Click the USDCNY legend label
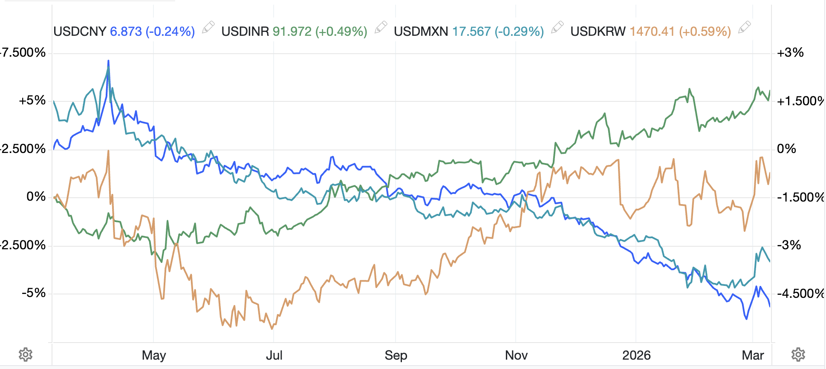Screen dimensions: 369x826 click(x=80, y=32)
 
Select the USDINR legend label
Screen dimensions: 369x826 click(x=245, y=32)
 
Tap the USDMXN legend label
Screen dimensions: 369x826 click(x=421, y=32)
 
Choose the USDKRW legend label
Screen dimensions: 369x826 click(x=598, y=32)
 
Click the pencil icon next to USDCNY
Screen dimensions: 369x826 click(x=208, y=28)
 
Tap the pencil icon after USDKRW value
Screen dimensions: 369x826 click(x=744, y=28)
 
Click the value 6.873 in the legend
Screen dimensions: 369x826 click(x=126, y=32)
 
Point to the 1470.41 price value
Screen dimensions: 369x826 click(x=652, y=32)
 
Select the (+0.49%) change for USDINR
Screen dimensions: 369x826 click(x=341, y=32)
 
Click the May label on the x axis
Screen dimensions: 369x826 click(x=154, y=355)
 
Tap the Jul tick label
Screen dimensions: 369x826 click(x=274, y=355)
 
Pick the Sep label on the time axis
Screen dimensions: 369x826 click(x=396, y=355)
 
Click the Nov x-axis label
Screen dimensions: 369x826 click(x=516, y=355)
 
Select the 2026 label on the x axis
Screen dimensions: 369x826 click(x=636, y=355)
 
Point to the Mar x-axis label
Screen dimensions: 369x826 click(x=753, y=355)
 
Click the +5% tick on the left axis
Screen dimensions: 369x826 click(x=32, y=101)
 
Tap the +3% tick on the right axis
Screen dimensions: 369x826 click(x=790, y=53)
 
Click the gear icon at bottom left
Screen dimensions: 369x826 click(x=26, y=355)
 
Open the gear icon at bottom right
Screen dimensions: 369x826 click(x=798, y=355)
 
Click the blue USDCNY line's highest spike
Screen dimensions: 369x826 click(x=108, y=61)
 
